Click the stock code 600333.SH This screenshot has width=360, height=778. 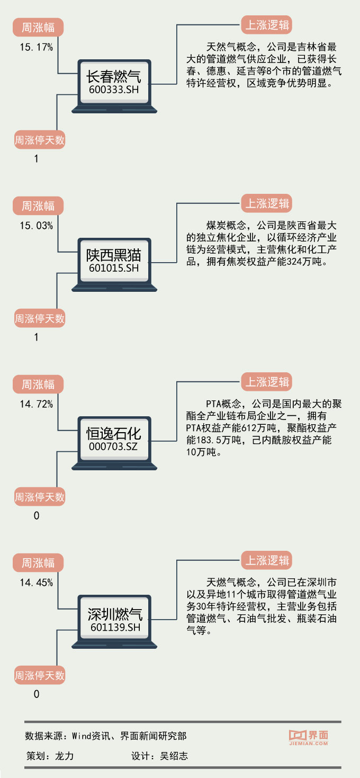(x=114, y=90)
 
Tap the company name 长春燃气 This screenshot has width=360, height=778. (x=114, y=77)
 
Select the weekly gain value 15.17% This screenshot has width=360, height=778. (x=37, y=48)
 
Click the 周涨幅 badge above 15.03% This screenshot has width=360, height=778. (x=38, y=205)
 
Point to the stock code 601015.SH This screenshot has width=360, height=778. (x=114, y=269)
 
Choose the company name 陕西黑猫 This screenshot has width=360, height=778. (x=114, y=255)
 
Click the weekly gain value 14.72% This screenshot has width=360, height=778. (x=37, y=405)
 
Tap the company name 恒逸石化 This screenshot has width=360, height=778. (x=114, y=434)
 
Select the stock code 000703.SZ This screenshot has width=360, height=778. (x=114, y=447)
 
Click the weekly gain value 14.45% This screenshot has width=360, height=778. (x=37, y=583)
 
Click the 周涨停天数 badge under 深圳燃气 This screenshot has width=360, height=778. (x=39, y=676)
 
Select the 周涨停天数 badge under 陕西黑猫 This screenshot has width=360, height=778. (x=39, y=319)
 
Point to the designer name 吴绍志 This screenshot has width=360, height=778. (x=174, y=756)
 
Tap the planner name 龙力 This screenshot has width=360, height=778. (x=64, y=756)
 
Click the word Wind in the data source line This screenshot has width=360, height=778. (x=82, y=736)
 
